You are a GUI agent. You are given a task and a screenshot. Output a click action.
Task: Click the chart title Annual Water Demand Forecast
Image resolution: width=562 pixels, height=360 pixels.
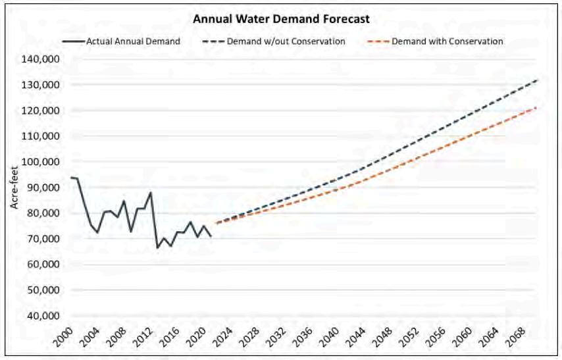281,18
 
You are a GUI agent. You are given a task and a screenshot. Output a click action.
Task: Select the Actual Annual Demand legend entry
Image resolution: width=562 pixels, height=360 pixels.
121,41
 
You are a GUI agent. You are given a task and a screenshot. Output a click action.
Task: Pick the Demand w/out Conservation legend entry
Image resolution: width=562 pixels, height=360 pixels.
274,41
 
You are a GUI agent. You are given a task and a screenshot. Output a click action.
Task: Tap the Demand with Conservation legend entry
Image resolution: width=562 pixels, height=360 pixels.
435,41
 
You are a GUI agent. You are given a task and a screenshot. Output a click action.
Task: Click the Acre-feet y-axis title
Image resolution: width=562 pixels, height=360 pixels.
14,187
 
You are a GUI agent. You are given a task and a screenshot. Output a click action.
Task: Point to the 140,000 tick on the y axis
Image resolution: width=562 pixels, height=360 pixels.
40,59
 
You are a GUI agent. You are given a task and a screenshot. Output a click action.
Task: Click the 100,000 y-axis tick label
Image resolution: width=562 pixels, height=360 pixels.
40,161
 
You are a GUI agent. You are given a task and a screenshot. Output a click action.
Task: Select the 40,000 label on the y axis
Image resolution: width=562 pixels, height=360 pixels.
43,315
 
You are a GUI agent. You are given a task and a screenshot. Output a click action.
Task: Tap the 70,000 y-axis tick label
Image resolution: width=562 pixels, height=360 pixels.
43,238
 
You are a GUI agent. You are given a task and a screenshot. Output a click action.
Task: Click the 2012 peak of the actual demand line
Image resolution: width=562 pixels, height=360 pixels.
151,193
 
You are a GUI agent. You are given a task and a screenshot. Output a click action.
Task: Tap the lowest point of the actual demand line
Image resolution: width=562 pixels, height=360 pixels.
157,247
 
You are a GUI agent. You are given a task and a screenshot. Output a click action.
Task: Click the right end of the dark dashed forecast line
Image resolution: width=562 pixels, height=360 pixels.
537,80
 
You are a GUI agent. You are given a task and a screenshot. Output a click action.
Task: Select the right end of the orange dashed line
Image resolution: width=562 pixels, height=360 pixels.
536,107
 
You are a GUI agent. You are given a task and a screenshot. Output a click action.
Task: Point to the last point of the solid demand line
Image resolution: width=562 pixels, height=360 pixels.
211,236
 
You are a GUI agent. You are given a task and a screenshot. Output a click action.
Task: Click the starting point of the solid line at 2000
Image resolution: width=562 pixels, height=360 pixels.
71,178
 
